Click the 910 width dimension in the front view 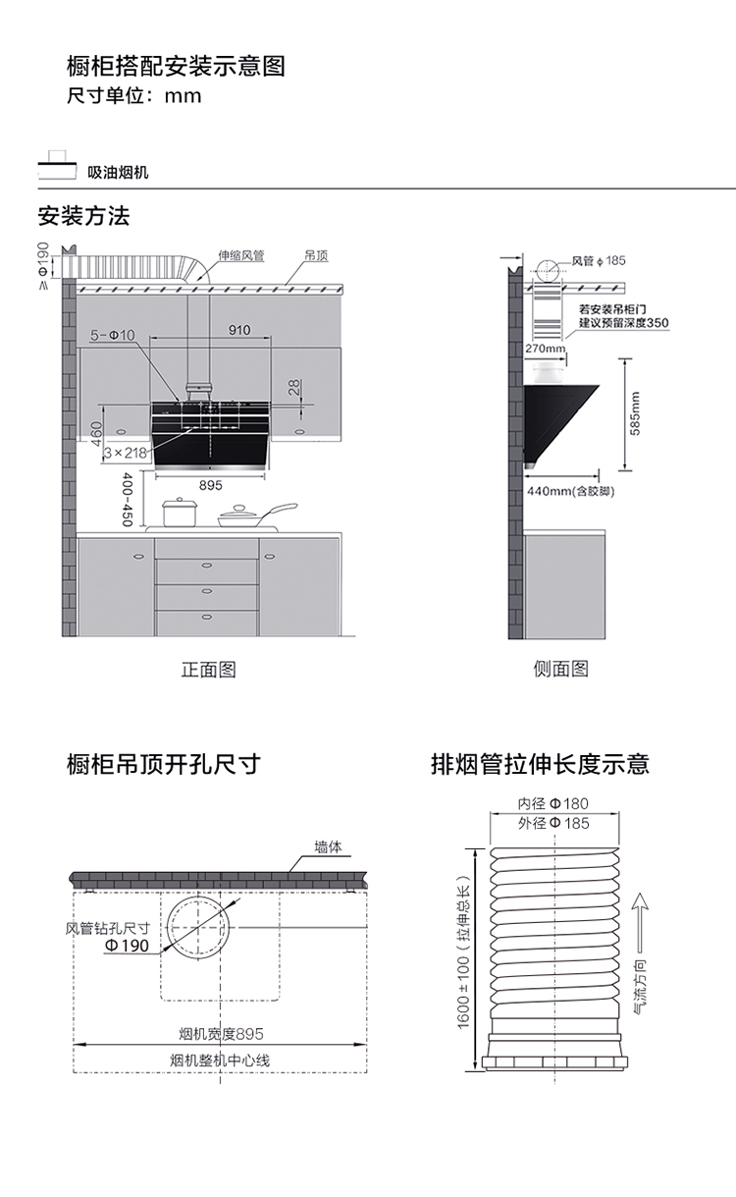[239, 330]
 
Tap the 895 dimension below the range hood [210, 485]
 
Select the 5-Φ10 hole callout [113, 336]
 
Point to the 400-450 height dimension [127, 500]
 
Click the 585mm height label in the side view [636, 413]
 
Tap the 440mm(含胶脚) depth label [570, 491]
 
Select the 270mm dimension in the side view [545, 349]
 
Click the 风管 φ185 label [599, 261]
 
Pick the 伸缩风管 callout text [240, 255]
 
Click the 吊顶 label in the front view [316, 255]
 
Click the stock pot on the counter [180, 513]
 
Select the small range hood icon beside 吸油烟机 [57, 167]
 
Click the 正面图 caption [208, 670]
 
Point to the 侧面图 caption [560, 670]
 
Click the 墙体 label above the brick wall [328, 846]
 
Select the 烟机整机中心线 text [219, 1061]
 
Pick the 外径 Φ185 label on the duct [553, 823]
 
